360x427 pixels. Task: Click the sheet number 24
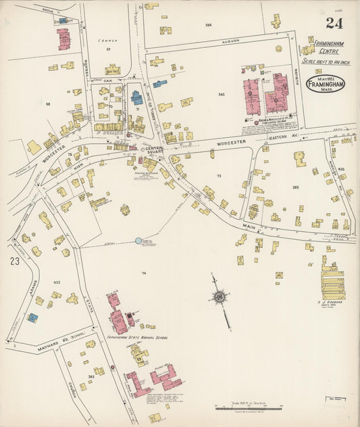point(333,23)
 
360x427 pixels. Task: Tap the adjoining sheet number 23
point(15,261)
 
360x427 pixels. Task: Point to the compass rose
point(220,296)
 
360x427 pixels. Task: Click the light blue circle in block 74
point(138,240)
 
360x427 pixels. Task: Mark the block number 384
point(208,25)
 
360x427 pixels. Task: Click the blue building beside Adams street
point(32,316)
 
